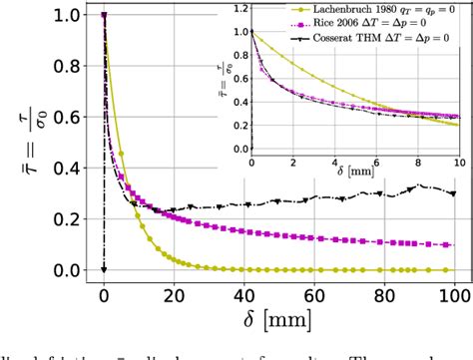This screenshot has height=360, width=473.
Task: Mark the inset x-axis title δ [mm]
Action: point(353,178)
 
